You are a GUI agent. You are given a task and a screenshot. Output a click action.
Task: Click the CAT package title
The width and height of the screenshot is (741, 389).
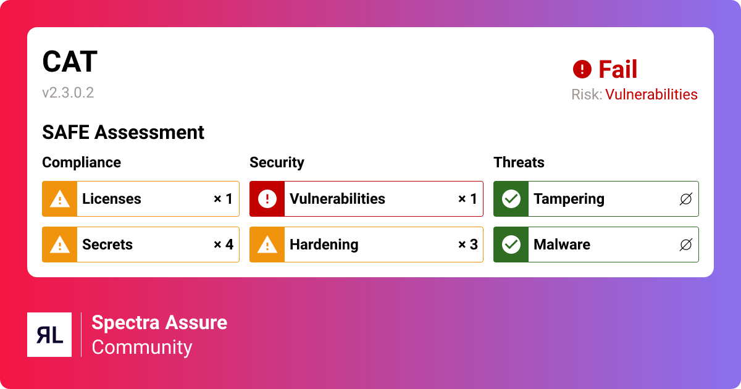(70, 62)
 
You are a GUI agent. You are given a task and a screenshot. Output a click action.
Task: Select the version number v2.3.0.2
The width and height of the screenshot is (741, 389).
(68, 93)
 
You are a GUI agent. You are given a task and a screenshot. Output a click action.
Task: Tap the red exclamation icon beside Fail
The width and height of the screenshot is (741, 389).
(582, 69)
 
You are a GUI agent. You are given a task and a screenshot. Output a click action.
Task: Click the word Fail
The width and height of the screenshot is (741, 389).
(617, 69)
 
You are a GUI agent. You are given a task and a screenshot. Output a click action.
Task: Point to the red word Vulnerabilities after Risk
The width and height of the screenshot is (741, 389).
(651, 94)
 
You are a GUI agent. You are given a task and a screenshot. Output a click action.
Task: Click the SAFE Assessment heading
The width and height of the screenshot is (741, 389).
(123, 132)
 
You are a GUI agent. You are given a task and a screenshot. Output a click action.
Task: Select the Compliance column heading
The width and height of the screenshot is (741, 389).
(82, 162)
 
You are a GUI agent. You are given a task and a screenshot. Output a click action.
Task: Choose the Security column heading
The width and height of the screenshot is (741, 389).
(277, 162)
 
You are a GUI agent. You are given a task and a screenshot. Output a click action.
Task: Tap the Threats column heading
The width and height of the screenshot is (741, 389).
(519, 162)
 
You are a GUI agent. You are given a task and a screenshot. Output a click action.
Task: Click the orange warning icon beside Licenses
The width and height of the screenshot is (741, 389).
(59, 199)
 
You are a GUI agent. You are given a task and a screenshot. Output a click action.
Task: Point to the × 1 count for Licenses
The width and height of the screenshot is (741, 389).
(224, 199)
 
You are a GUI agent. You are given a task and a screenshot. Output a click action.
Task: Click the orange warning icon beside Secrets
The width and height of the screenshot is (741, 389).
(59, 245)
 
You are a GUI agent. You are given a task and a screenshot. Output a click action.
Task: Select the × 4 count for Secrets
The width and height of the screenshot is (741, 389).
(224, 245)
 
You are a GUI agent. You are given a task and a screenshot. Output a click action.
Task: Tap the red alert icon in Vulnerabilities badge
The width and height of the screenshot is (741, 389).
(267, 199)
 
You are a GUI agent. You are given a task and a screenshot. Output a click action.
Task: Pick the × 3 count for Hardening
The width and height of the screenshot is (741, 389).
(468, 245)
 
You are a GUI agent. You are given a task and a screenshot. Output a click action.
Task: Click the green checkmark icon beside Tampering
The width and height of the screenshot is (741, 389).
(511, 199)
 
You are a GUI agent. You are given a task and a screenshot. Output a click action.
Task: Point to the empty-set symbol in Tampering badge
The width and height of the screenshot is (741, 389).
(686, 199)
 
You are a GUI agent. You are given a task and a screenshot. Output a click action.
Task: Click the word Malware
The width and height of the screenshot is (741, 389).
(562, 245)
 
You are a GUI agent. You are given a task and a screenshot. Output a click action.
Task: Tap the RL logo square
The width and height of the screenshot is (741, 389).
(49, 335)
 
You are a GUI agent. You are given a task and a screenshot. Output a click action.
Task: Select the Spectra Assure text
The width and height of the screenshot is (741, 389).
(159, 322)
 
